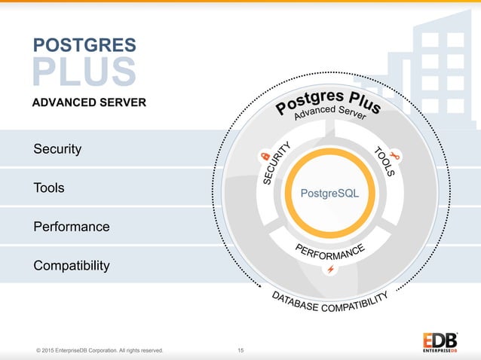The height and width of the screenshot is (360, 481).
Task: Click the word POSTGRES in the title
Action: pos(84,44)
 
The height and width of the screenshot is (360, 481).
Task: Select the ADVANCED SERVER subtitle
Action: pos(88,102)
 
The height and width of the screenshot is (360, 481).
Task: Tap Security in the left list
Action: pos(57,149)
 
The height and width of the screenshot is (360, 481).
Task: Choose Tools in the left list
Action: pos(49,188)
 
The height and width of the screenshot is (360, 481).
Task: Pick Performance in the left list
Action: pos(72,227)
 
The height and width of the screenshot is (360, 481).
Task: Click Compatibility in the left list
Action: pos(72,266)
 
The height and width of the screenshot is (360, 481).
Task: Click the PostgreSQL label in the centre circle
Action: pos(329,194)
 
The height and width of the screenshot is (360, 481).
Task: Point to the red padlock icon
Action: pos(265,156)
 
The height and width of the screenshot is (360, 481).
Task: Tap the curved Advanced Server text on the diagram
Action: pos(329,116)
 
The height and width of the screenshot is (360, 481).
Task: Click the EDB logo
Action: pos(439,341)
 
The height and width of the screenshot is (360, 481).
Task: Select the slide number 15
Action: pos(240,350)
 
